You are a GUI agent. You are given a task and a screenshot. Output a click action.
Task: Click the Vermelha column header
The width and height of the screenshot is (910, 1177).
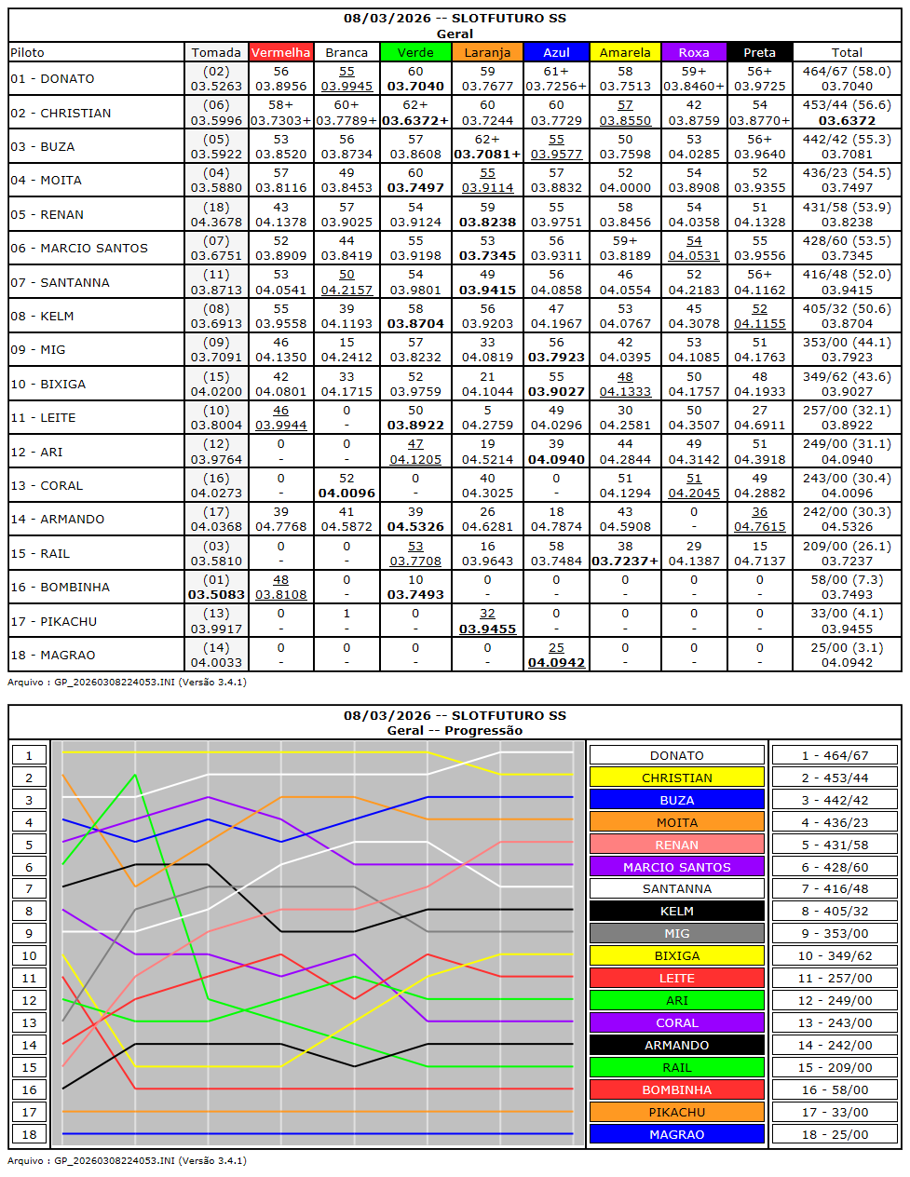281,52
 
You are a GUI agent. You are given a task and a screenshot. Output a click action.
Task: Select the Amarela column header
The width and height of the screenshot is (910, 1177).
625,52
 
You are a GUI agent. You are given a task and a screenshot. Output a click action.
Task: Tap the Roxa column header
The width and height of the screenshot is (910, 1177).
694,52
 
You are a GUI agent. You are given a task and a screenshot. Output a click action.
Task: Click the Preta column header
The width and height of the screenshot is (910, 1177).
759,52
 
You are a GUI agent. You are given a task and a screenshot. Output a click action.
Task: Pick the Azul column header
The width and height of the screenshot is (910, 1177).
556,52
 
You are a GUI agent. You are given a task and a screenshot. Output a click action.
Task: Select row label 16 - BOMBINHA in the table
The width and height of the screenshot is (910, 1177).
61,587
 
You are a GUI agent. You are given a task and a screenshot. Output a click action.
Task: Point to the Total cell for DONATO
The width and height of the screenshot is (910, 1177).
847,78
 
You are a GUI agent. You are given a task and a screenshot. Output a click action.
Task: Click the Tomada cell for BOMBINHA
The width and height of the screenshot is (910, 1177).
216,587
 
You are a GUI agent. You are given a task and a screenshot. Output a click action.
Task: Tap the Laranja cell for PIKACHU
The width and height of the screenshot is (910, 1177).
487,621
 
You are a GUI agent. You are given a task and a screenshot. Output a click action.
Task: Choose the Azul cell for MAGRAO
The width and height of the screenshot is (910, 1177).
556,655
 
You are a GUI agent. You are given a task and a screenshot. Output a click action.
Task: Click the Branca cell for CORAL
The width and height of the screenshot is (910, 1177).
346,485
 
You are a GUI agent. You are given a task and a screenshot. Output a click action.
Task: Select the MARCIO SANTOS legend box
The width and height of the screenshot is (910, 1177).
676,867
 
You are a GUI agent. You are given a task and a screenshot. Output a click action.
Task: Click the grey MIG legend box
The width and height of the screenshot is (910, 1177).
676,933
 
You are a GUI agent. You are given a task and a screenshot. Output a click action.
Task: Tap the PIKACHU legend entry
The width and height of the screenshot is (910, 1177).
676,1112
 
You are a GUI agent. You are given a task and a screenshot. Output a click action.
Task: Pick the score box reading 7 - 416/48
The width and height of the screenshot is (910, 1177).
835,889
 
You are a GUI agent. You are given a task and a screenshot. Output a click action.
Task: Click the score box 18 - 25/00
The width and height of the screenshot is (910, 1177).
835,1134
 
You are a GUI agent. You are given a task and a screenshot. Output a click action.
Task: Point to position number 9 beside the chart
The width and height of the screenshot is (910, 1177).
29,933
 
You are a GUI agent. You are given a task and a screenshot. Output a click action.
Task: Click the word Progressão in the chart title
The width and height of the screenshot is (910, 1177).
483,731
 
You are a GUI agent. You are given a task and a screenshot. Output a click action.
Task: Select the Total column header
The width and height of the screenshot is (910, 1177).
847,52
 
